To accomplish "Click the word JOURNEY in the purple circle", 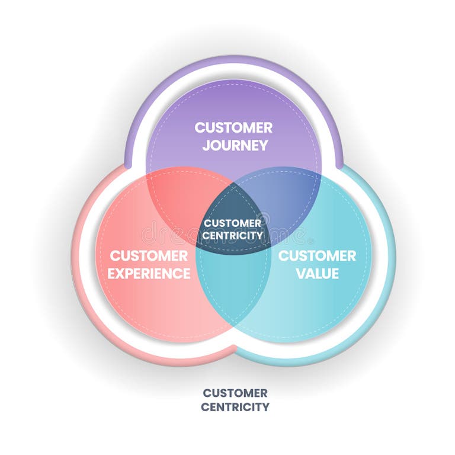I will [x=234, y=145].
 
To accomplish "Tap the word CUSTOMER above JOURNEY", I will [x=234, y=127].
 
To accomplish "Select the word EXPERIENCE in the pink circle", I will [x=149, y=274].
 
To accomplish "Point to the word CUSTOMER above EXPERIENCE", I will [x=149, y=256].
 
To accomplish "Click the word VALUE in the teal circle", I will [x=318, y=274].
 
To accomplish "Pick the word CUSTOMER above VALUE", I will [x=318, y=256].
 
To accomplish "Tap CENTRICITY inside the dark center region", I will [x=232, y=235].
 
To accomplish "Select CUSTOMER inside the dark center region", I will [x=232, y=223].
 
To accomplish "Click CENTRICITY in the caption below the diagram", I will [x=235, y=407].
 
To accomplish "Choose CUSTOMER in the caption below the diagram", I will [x=235, y=393].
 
